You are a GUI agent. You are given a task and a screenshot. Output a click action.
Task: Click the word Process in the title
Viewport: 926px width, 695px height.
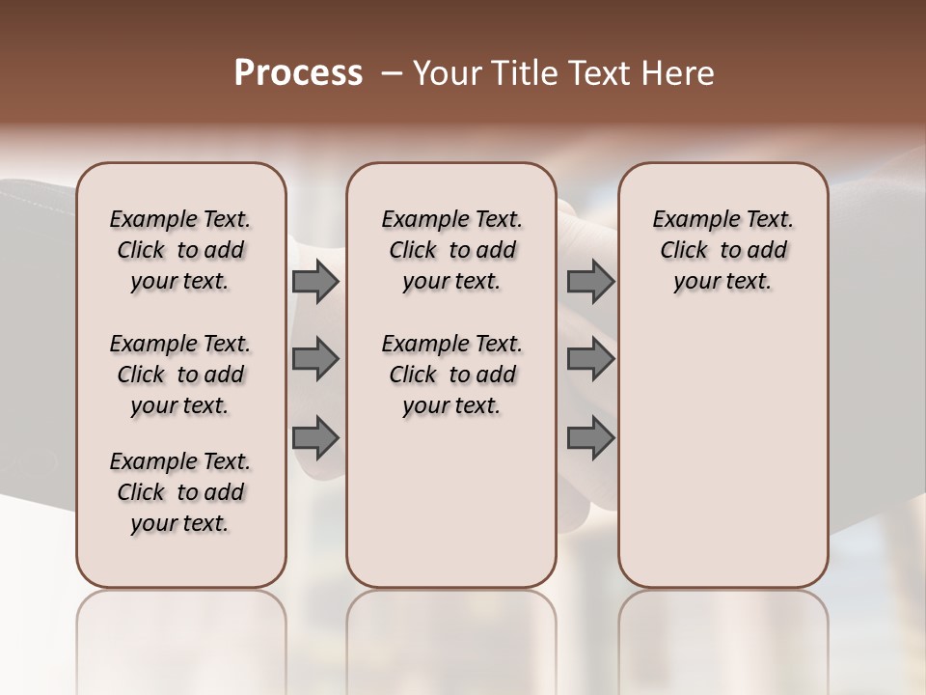pyautogui.click(x=298, y=73)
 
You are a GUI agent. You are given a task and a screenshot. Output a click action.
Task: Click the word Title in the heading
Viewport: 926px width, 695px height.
pyautogui.click(x=523, y=73)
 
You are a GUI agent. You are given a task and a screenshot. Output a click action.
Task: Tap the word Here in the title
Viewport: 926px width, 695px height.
pyautogui.click(x=679, y=73)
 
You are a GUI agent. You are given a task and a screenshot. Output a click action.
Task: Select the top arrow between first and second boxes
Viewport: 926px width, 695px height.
pyautogui.click(x=315, y=282)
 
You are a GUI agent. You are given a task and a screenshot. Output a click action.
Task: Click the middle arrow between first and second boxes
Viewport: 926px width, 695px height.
pyautogui.click(x=315, y=359)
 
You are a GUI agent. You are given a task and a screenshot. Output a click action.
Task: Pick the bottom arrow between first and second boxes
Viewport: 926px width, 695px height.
pyautogui.click(x=315, y=438)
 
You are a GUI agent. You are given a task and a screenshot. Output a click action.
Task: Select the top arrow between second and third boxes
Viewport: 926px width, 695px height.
pyautogui.click(x=590, y=282)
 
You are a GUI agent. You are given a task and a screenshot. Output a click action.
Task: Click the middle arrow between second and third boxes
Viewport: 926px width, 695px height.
pyautogui.click(x=590, y=359)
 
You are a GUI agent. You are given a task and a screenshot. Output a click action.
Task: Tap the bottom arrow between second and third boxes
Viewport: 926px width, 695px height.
pyautogui.click(x=590, y=438)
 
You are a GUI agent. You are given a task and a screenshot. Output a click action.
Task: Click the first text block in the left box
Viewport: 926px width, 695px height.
pyautogui.click(x=180, y=250)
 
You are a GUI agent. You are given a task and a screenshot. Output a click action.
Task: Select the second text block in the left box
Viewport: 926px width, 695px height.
pyautogui.click(x=180, y=375)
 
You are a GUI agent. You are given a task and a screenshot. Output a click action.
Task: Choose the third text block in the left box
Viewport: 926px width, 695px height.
pyautogui.click(x=180, y=492)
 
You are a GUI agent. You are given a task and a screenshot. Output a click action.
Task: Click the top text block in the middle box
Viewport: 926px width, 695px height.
pyautogui.click(x=451, y=250)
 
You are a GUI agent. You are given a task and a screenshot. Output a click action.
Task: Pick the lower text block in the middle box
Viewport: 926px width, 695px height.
pyautogui.click(x=451, y=375)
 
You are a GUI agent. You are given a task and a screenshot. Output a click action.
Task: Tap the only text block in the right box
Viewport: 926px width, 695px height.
pyautogui.click(x=722, y=250)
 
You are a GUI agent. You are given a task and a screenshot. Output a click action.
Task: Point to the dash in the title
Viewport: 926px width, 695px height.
pyautogui.click(x=391, y=74)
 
